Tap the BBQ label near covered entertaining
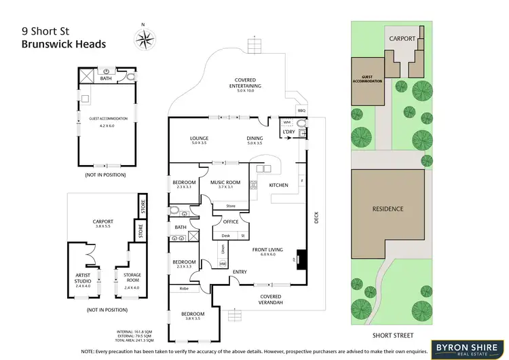tap(302, 110)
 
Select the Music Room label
tap(226, 182)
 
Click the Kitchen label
tap(279, 185)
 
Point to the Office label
tap(226, 221)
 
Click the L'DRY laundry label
tap(297, 132)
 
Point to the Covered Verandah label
tap(272, 299)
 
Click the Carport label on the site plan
tap(401, 39)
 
